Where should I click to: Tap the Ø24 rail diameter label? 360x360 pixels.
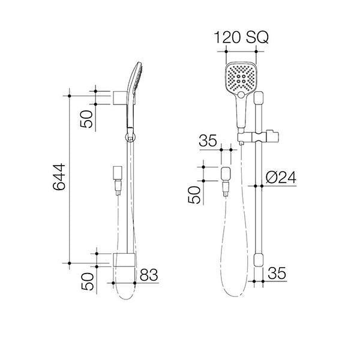pyautogui.click(x=281, y=177)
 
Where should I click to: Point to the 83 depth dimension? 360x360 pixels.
pyautogui.click(x=149, y=275)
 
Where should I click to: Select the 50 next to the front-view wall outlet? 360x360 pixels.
pyautogui.click(x=194, y=194)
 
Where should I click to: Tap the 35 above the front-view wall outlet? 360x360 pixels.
pyautogui.click(x=208, y=142)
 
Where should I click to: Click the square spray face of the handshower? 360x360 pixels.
pyautogui.click(x=241, y=78)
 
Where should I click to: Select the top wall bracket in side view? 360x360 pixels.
pyautogui.click(x=118, y=97)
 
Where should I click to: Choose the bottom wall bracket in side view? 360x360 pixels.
pyautogui.click(x=122, y=259)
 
